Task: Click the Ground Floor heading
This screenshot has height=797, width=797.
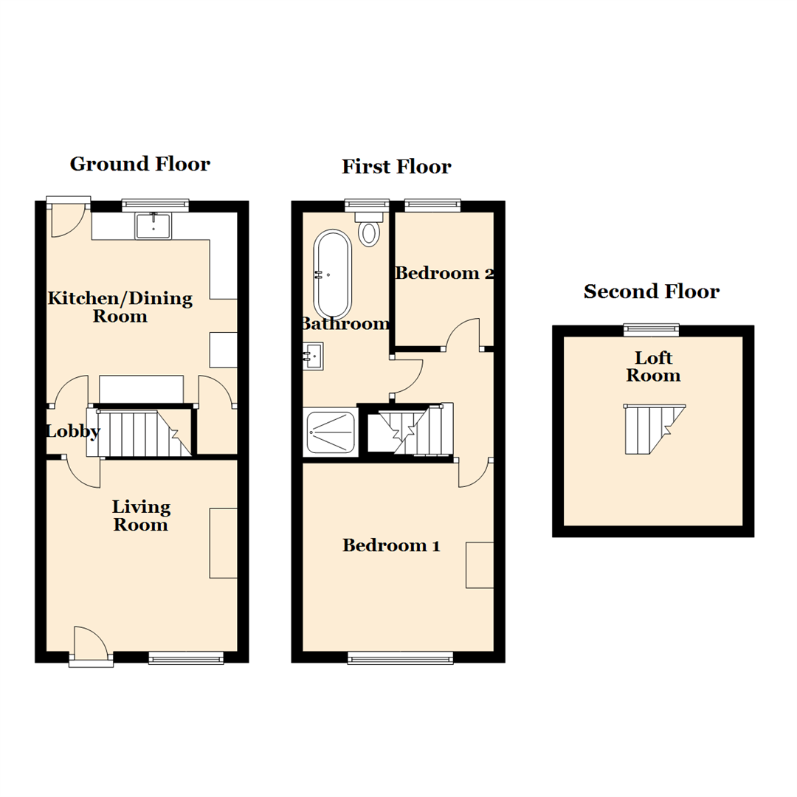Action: (x=139, y=164)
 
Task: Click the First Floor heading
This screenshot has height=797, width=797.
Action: (x=396, y=167)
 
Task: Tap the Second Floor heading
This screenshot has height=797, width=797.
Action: (x=652, y=291)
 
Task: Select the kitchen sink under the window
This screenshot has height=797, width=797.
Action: (x=153, y=226)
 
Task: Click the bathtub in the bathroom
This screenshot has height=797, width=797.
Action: (x=333, y=274)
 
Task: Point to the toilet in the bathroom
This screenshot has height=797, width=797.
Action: (x=368, y=230)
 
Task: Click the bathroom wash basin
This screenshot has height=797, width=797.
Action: (x=313, y=357)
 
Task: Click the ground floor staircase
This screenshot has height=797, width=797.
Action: (x=140, y=432)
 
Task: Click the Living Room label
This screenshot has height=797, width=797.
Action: (x=141, y=516)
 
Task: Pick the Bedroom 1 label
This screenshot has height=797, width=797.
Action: (x=391, y=546)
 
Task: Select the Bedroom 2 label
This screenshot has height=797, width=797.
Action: (x=444, y=274)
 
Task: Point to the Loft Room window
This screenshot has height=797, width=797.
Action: (x=651, y=329)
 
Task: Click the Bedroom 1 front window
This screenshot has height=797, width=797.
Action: (x=400, y=658)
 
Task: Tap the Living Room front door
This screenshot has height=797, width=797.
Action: (x=91, y=644)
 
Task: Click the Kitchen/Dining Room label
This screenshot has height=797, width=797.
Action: (x=120, y=307)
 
